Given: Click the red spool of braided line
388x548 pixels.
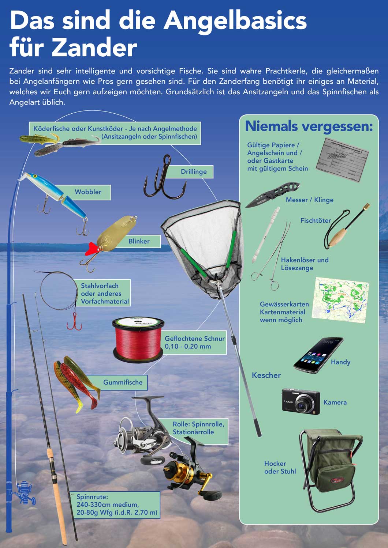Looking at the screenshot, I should [x=138, y=338].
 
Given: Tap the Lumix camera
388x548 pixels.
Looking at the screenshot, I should [x=301, y=401].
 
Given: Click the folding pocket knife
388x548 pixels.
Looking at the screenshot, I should [x=272, y=195].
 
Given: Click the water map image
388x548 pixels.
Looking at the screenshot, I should [x=341, y=300].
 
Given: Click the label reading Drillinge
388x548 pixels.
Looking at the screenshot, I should [x=194, y=171].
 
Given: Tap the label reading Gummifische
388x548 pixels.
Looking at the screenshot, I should [x=123, y=382].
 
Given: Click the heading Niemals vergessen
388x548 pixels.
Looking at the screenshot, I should [x=309, y=126].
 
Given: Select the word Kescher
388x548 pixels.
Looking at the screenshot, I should [x=266, y=375].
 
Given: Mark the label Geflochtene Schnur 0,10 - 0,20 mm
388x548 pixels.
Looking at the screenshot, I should [x=194, y=343].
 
